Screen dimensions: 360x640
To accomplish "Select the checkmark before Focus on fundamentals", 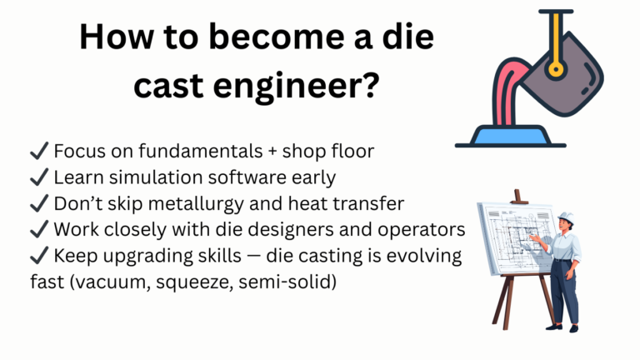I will pos(38,152).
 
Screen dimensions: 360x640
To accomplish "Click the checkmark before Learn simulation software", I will pos(38,177).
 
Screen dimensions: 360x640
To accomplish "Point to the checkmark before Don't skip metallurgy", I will pos(38,203).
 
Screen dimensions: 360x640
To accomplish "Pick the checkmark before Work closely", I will pos(38,229).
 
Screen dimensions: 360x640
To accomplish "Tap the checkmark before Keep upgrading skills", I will pos(38,255).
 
